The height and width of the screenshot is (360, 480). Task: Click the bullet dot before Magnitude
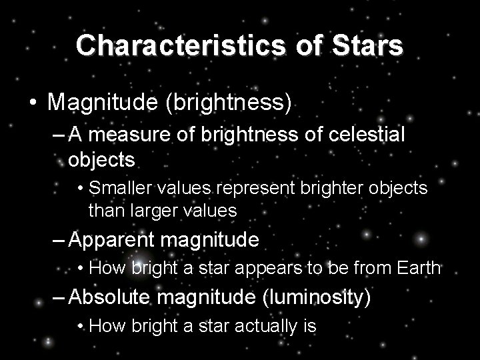[32, 103]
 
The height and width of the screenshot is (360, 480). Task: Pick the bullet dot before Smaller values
[81, 189]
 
